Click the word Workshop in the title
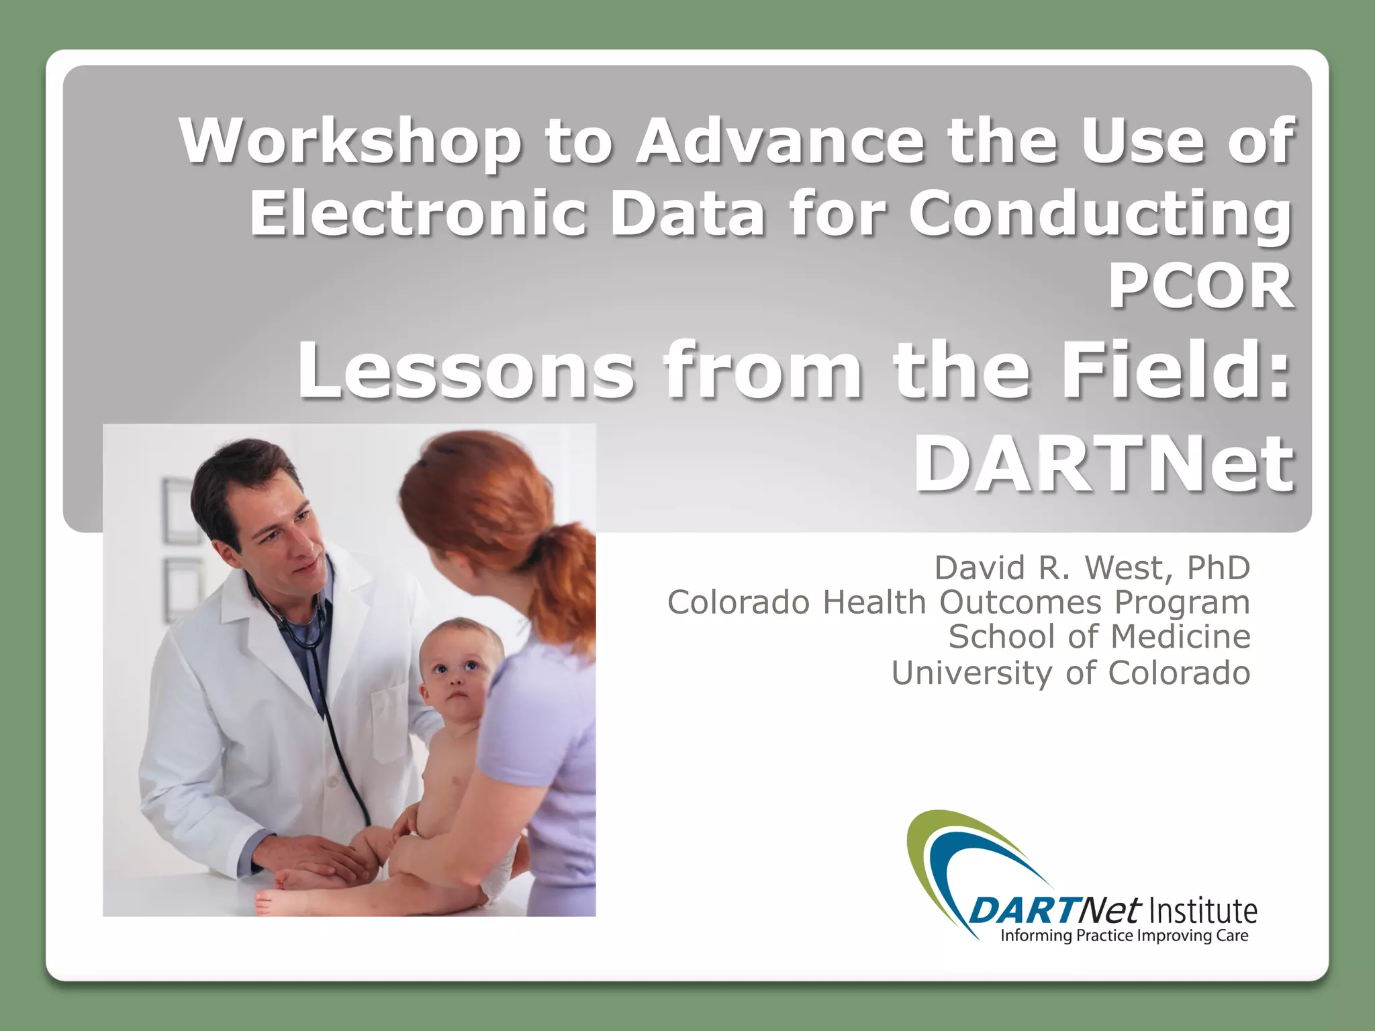tap(350, 142)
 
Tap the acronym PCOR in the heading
tap(1200, 287)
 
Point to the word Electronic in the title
tap(418, 214)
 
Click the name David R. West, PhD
tap(1092, 568)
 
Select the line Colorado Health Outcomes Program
tap(958, 602)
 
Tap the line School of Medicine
tap(1099, 636)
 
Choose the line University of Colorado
tap(1070, 673)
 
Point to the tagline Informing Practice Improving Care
tap(1124, 936)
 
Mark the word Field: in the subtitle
tap(1175, 371)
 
